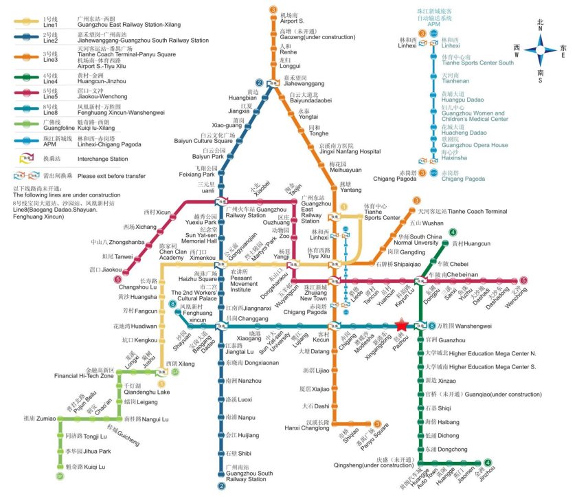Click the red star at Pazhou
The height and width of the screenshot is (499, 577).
click(402, 324)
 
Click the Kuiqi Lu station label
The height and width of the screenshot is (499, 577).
click(84, 467)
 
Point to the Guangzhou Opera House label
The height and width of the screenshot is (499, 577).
click(475, 145)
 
